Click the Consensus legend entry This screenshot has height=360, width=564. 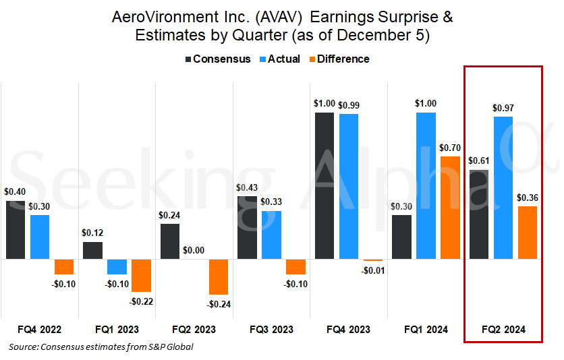click(x=217, y=59)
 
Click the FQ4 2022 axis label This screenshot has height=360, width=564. click(x=40, y=330)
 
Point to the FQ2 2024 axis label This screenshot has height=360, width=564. click(x=503, y=330)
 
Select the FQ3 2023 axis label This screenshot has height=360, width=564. click(x=271, y=330)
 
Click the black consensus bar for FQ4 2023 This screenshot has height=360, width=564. click(x=325, y=185)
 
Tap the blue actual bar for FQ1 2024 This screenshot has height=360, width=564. click(x=426, y=185)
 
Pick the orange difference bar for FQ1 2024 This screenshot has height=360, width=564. click(x=450, y=207)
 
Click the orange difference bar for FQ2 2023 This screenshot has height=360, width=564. click(x=219, y=276)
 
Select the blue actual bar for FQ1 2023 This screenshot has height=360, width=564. click(x=117, y=266)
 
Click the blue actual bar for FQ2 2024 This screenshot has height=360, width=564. click(x=503, y=187)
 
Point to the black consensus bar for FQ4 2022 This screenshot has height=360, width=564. click(x=16, y=230)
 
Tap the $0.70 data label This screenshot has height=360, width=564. click(x=450, y=148)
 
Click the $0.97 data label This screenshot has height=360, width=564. click(x=503, y=108)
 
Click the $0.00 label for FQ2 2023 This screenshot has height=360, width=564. click(x=194, y=250)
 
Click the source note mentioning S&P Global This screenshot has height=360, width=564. click(x=102, y=347)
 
